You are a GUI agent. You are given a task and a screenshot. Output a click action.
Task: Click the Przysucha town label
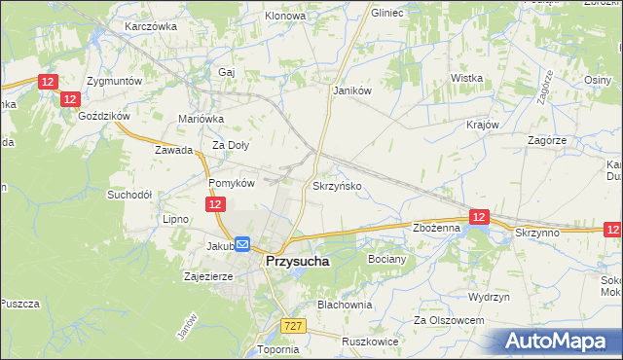pyautogui.click(x=297, y=262)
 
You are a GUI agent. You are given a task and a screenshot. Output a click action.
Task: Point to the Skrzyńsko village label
pyautogui.click(x=338, y=185)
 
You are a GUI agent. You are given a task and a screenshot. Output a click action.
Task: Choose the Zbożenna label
pyautogui.click(x=436, y=228)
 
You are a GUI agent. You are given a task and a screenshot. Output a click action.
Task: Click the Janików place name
pyautogui.click(x=353, y=90)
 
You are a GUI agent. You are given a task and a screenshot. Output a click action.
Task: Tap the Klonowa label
pyautogui.click(x=285, y=17)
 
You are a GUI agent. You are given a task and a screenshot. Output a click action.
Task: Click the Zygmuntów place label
pyautogui.click(x=115, y=81)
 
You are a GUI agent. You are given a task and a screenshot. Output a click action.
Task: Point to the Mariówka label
pyautogui.click(x=202, y=119)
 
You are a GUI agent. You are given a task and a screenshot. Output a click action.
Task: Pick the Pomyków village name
pyautogui.click(x=232, y=183)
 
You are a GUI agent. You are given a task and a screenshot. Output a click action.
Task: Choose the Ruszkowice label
pyautogui.click(x=372, y=342)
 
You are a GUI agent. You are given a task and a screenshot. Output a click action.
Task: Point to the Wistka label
pyautogui.click(x=467, y=78)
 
